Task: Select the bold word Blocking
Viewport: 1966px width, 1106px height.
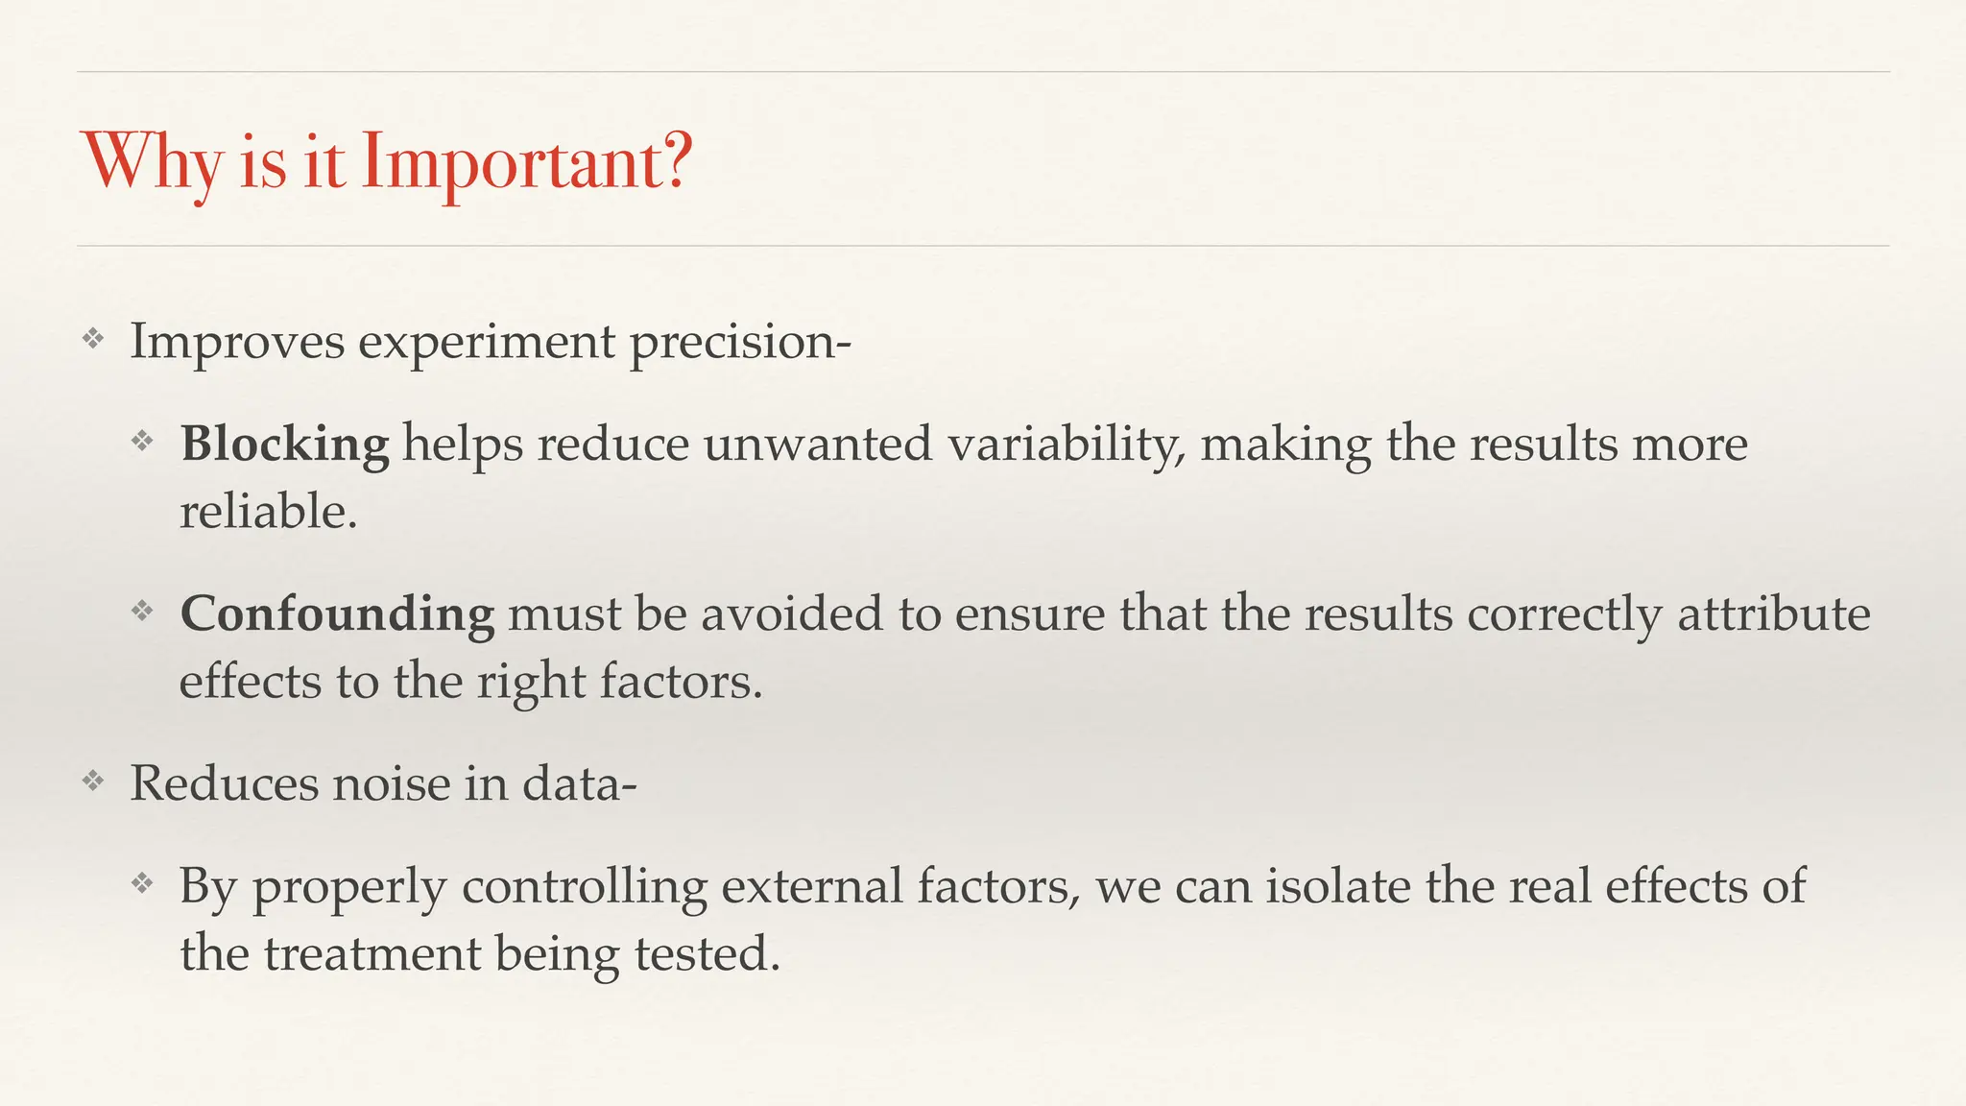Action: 285,445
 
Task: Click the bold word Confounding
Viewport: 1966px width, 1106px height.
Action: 337,614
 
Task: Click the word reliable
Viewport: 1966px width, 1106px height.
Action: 268,512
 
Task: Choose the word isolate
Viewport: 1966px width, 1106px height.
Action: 1338,886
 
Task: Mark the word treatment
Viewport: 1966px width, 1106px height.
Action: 372,954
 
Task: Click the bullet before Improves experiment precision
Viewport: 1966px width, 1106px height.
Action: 92,338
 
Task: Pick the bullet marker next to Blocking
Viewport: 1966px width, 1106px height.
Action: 142,441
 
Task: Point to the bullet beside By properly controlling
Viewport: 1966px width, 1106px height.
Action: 142,882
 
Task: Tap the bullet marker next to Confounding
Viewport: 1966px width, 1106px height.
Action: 142,611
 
